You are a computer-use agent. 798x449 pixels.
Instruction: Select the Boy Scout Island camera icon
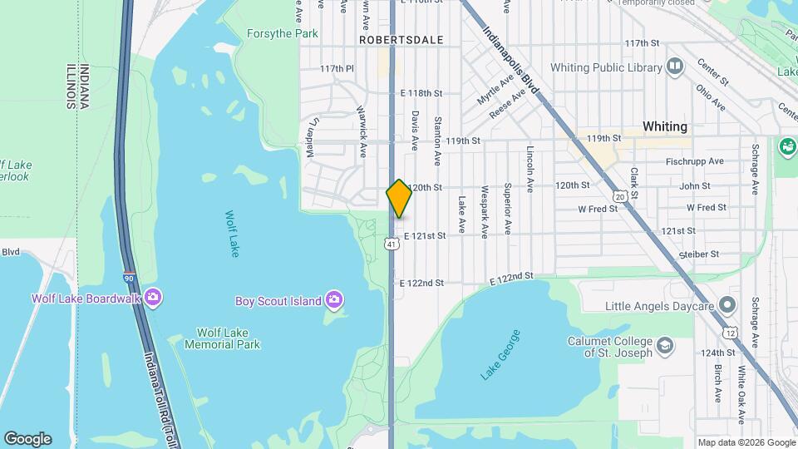(334, 299)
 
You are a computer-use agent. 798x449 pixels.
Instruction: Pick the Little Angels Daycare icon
(728, 306)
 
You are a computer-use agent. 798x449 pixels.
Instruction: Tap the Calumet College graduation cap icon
(665, 345)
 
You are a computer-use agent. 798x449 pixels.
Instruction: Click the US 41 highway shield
(391, 244)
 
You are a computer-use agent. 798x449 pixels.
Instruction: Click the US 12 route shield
(730, 333)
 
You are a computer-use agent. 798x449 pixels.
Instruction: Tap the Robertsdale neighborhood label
(391, 39)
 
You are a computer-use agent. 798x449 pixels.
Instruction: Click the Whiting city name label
(665, 126)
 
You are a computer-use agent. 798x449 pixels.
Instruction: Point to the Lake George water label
(500, 355)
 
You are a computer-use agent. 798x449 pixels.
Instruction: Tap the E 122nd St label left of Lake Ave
(421, 283)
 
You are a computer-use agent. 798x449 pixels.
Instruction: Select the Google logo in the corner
(27, 439)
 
